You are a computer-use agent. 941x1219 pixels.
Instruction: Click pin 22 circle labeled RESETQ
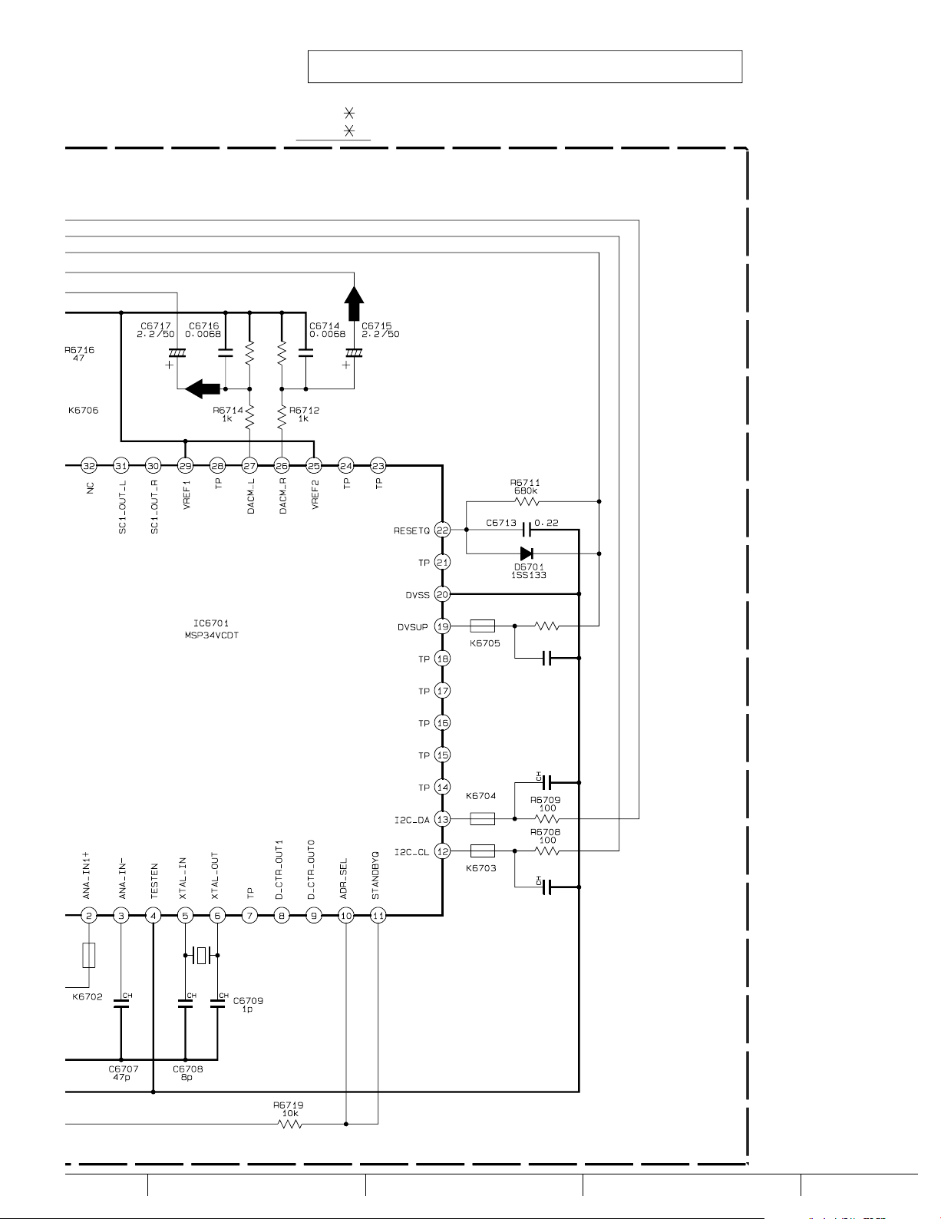(x=442, y=530)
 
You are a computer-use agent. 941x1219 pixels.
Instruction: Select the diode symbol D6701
(x=527, y=553)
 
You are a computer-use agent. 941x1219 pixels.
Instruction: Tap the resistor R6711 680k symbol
(x=527, y=501)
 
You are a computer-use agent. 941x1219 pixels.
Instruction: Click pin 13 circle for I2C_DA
(x=442, y=819)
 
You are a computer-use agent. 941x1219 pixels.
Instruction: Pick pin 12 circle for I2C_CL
(x=442, y=851)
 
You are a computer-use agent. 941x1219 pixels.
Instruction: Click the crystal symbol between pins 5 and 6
(x=201, y=955)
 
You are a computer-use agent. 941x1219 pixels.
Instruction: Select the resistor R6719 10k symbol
(x=290, y=1124)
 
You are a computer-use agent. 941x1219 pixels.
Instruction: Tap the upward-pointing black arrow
(x=353, y=303)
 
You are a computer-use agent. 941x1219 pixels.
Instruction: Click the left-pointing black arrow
(x=202, y=389)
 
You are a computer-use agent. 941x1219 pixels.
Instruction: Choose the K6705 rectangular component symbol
(x=482, y=626)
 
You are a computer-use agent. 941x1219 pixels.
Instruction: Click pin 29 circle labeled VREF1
(x=185, y=465)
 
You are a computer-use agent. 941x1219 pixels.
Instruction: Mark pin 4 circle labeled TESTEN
(x=154, y=915)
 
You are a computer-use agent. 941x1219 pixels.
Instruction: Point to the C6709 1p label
(x=248, y=1004)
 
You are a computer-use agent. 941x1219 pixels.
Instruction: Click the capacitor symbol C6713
(x=527, y=530)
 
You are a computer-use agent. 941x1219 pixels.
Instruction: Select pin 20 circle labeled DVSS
(x=442, y=594)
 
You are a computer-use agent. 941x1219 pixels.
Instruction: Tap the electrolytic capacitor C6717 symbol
(x=177, y=354)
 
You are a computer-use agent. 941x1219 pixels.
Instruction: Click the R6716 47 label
(x=79, y=354)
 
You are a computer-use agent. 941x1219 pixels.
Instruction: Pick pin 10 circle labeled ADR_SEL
(x=346, y=915)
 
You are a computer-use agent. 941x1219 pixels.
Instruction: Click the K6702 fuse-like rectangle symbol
(x=89, y=955)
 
